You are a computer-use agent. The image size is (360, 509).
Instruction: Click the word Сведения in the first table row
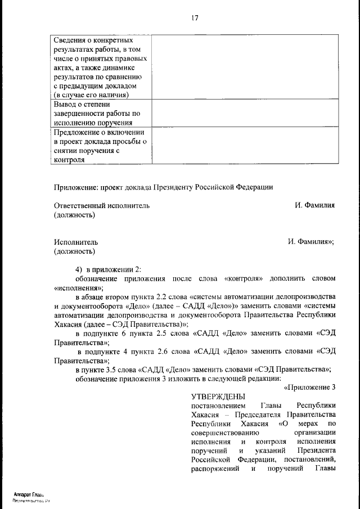tap(70, 40)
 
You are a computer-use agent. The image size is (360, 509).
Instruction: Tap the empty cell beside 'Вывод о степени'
tap(244, 112)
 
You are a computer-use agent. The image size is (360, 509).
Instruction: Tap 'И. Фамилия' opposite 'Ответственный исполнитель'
tap(314, 206)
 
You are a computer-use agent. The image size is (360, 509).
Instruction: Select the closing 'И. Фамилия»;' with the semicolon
tap(311, 242)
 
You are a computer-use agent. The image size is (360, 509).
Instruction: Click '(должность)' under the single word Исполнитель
tap(74, 251)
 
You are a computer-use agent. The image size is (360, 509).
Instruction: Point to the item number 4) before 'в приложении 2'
tap(79, 269)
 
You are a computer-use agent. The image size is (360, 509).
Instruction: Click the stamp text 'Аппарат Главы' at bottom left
tap(29, 494)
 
